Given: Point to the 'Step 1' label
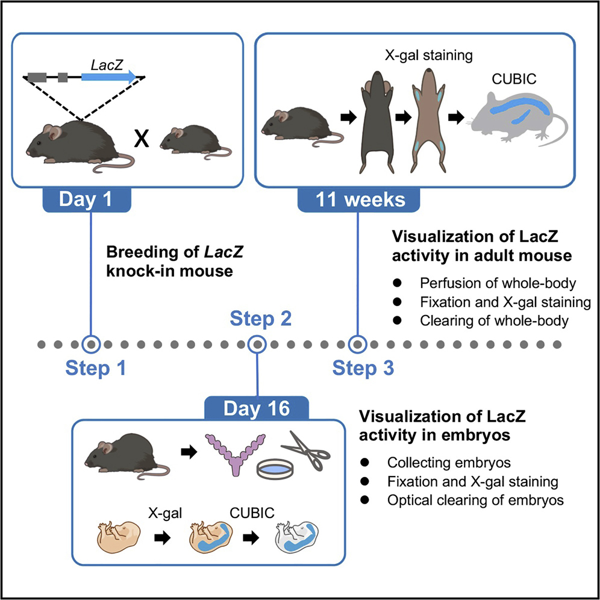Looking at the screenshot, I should click(97, 367).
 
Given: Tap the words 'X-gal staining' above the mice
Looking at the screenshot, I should click(427, 56).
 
